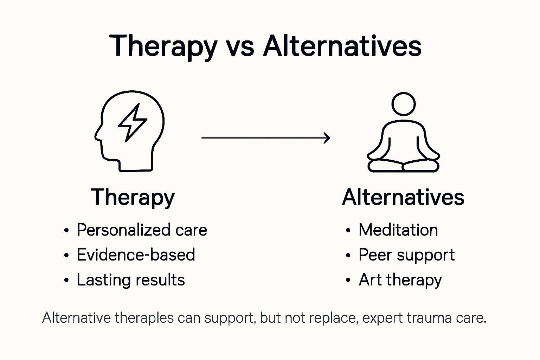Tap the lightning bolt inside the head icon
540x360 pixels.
(132, 122)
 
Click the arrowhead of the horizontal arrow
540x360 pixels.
(327, 138)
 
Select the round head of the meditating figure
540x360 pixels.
(403, 104)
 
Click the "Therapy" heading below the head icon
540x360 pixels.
(133, 198)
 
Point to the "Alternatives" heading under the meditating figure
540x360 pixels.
(403, 198)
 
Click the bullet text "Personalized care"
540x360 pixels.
(142, 230)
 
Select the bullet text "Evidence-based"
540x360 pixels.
(136, 255)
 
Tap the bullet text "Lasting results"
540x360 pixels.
(131, 280)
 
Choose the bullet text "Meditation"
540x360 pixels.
(398, 230)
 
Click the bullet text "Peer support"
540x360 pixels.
(406, 255)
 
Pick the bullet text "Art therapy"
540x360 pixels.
(400, 280)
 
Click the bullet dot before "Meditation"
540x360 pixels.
(348, 231)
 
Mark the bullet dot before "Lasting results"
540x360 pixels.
(66, 281)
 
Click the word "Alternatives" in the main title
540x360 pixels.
(342, 46)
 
